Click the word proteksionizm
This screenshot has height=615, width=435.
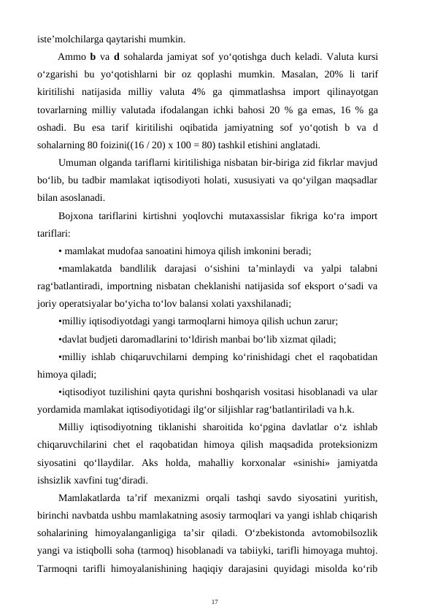pyautogui.click(x=345, y=443)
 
